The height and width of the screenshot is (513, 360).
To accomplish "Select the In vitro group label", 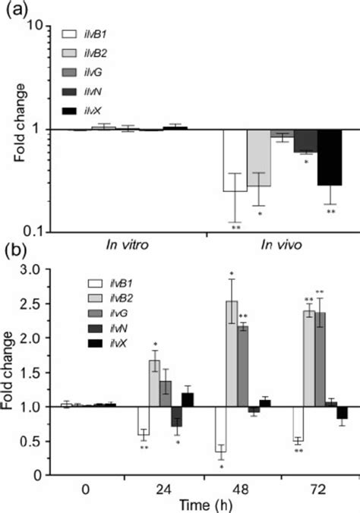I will click(x=126, y=246).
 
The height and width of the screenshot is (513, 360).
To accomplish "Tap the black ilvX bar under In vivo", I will click(x=329, y=157).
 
